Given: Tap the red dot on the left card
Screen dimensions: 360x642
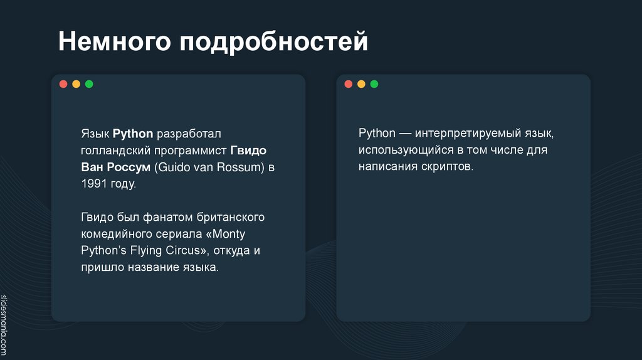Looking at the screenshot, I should click(x=63, y=84).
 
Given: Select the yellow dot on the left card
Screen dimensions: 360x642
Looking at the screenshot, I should click(x=76, y=84).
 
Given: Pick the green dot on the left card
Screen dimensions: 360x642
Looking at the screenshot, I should click(x=89, y=84).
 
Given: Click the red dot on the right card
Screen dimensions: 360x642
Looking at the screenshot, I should click(x=349, y=84).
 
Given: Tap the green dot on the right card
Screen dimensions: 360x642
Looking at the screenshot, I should click(x=374, y=84).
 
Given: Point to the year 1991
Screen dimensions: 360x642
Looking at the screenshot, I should click(x=92, y=184).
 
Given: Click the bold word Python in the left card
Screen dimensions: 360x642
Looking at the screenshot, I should click(x=133, y=134).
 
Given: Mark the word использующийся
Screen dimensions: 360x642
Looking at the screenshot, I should click(x=406, y=151).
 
